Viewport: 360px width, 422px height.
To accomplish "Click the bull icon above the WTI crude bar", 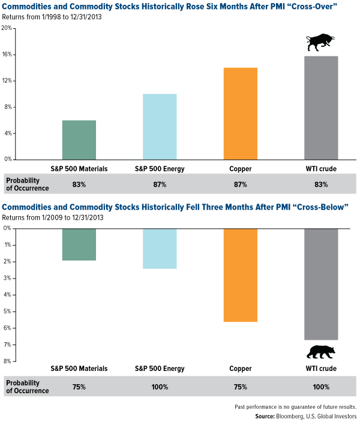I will [x=320, y=43].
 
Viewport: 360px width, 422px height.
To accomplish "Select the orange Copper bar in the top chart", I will [x=240, y=113].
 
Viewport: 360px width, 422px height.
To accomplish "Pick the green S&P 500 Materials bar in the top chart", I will [x=79, y=140].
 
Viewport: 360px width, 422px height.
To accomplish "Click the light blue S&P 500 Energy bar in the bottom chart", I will [x=160, y=249].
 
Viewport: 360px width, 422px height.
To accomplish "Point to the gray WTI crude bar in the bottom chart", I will [x=320, y=284].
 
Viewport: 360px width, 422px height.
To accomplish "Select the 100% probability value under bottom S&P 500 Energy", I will [x=160, y=387].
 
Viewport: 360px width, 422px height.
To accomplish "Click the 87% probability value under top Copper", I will [x=240, y=184].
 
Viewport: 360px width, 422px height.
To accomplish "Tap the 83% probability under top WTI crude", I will [x=320, y=184].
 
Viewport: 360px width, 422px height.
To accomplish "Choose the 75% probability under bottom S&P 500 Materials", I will [x=79, y=387].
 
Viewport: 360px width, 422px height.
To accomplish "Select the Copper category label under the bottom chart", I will [x=240, y=369].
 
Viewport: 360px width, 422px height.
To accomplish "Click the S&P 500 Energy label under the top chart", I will [x=160, y=169].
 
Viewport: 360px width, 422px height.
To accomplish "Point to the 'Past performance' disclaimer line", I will [x=295, y=406].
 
